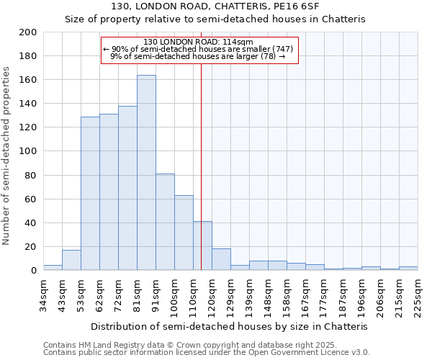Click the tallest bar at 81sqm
click(x=146, y=173)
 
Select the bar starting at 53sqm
click(x=90, y=193)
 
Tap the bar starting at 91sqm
click(x=165, y=222)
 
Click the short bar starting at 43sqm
click(x=71, y=260)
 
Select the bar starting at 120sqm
click(x=221, y=259)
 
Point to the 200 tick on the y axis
click(x=29, y=32)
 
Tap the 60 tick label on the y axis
click(x=31, y=199)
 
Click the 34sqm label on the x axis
click(x=43, y=295)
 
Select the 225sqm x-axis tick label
click(x=418, y=295)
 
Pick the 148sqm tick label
click(x=268, y=295)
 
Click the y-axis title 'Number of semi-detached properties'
click(x=7, y=156)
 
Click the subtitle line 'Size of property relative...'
click(x=215, y=19)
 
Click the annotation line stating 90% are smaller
click(x=198, y=49)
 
